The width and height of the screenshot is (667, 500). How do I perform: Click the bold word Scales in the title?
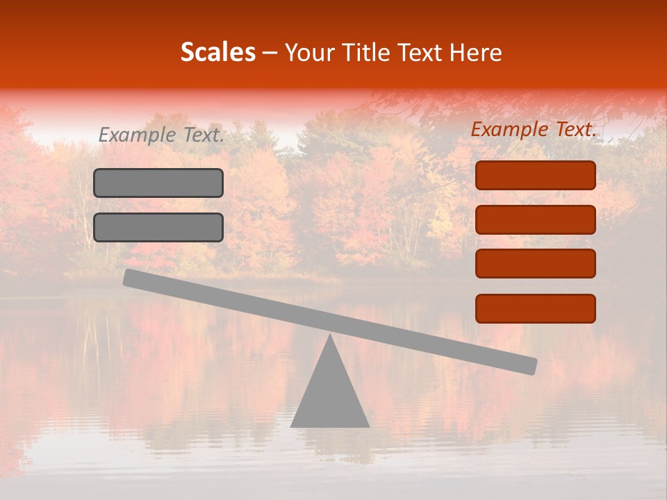pos(218,52)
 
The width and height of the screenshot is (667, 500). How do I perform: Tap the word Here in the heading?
pos(476,52)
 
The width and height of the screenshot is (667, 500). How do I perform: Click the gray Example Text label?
pos(161,135)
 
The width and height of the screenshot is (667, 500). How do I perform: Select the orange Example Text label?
pos(534,129)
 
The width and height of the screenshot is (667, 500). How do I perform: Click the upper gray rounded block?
pos(158,183)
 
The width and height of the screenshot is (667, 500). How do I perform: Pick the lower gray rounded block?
pos(158,227)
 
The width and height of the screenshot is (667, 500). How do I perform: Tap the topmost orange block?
pos(535,175)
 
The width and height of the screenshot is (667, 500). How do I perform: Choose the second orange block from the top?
pos(535,219)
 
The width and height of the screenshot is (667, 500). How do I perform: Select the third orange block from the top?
pos(535,264)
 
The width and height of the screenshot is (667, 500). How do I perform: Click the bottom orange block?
pos(535,308)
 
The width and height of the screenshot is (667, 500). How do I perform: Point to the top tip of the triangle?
pos(331,336)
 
